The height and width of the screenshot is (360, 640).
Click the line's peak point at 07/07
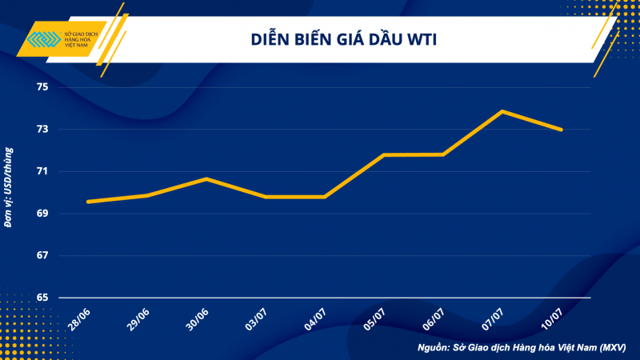[502, 111]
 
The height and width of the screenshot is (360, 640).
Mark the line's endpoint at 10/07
[562, 130]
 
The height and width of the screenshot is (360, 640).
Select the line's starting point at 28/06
[87, 202]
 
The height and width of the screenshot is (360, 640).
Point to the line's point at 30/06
[206, 178]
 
